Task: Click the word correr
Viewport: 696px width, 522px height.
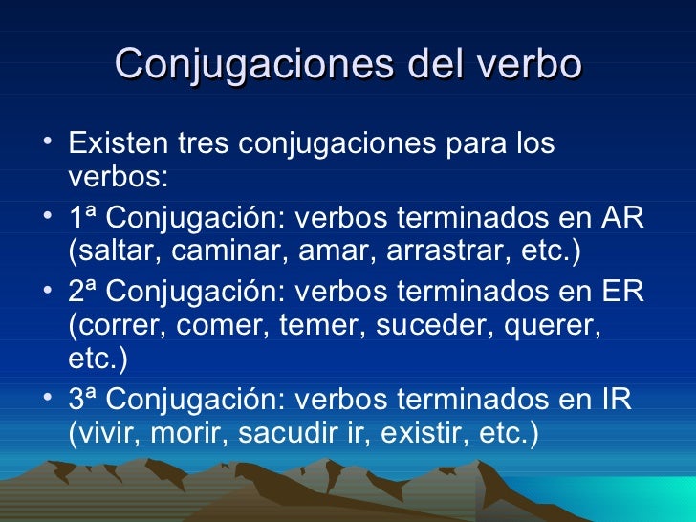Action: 116,327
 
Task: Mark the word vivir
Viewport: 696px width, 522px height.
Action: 102,434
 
